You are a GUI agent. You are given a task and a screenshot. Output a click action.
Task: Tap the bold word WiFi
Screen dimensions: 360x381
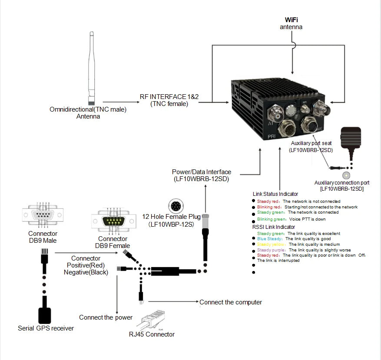point(291,20)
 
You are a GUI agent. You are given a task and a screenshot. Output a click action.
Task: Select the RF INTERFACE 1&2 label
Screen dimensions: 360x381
point(169,97)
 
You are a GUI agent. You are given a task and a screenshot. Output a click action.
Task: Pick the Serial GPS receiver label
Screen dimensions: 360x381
point(46,328)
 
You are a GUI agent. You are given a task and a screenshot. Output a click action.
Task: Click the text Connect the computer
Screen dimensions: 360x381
point(231,302)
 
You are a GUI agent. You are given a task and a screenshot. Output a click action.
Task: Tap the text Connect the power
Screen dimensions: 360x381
point(106,317)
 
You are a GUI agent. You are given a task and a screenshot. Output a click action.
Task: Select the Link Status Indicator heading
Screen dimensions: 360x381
point(275,194)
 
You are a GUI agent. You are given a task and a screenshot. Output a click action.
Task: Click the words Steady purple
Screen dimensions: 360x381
point(271,250)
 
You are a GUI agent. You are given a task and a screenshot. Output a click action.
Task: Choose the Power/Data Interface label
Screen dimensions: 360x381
point(202,172)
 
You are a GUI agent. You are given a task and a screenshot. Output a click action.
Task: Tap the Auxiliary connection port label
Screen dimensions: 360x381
point(342,183)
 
